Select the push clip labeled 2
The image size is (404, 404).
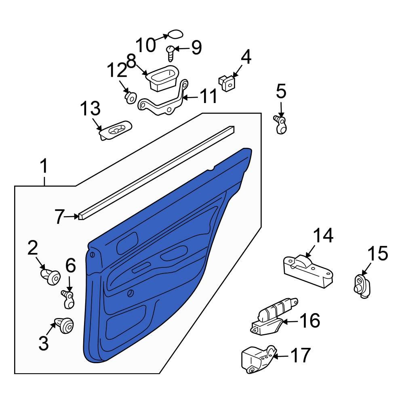coord(51,277)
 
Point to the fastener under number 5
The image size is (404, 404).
coord(281,125)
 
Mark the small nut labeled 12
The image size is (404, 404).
coord(130,98)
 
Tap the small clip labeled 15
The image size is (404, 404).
coord(362,286)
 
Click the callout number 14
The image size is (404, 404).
coord(324,236)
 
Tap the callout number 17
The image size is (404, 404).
coord(301,356)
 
